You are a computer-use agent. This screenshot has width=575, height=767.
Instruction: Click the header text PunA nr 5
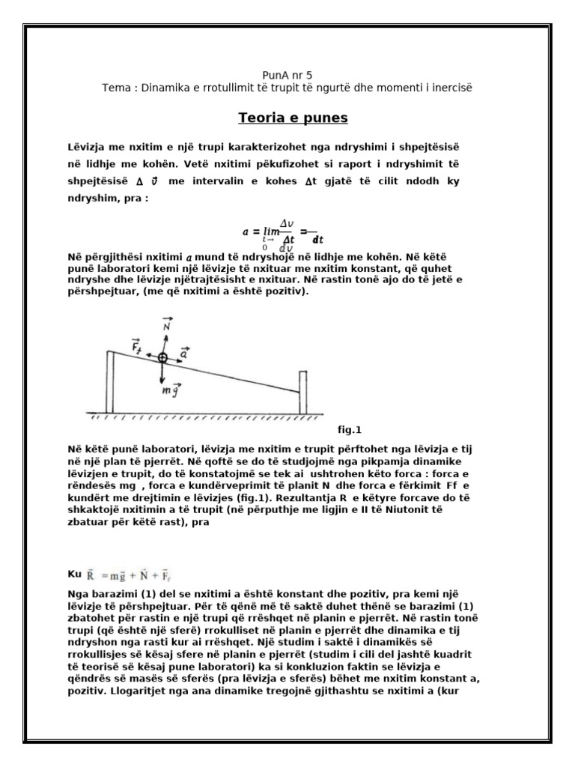tap(287, 76)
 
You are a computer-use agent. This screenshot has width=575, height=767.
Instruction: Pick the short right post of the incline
tap(302, 392)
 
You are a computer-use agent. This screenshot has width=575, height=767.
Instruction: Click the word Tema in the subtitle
tap(116, 88)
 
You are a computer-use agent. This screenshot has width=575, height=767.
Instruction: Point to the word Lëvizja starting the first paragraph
tap(86, 145)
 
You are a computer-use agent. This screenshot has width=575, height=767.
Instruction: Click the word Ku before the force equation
tap(73, 574)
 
